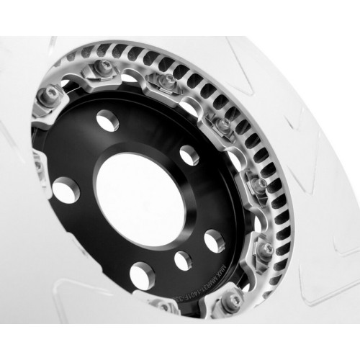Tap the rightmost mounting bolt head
click(267, 249)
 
